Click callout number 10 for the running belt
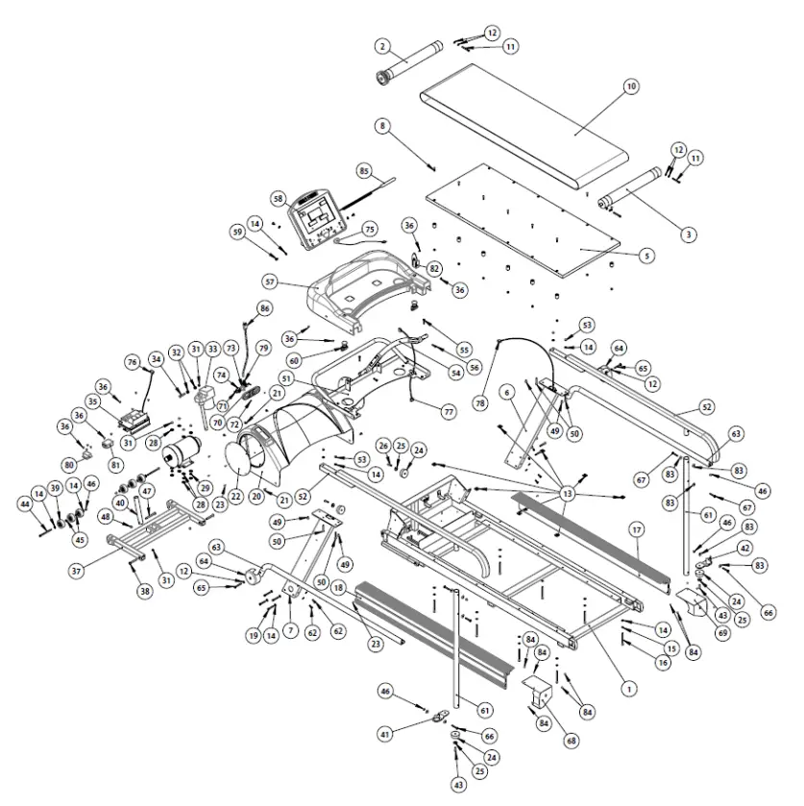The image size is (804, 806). click(631, 86)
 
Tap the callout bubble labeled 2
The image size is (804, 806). click(381, 46)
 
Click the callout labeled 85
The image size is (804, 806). click(364, 170)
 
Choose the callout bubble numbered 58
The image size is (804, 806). click(279, 199)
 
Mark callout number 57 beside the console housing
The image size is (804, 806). click(271, 282)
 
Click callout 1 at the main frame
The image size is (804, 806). click(629, 687)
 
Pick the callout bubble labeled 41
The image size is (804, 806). click(385, 735)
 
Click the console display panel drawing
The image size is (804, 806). click(316, 216)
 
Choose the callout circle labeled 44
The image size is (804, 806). click(25, 503)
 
